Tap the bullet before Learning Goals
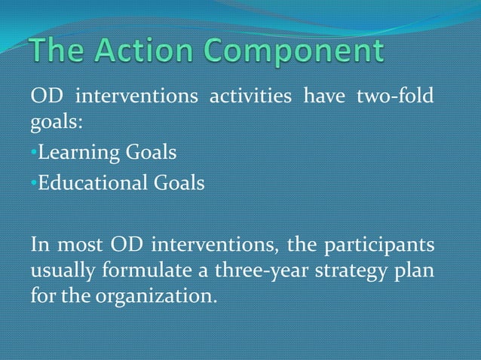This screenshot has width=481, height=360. (x=33, y=154)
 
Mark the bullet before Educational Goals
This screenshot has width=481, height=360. (x=33, y=183)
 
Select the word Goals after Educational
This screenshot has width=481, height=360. (x=182, y=183)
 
